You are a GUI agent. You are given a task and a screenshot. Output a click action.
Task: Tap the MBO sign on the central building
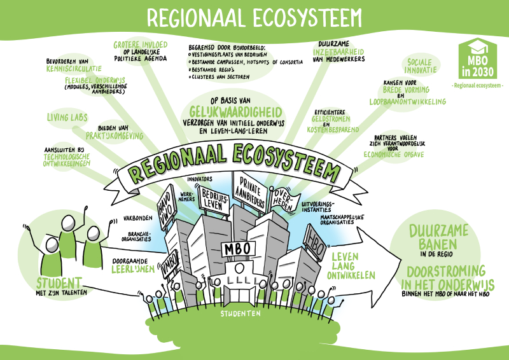[237, 247]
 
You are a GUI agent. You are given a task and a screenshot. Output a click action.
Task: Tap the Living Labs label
[67, 117]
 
